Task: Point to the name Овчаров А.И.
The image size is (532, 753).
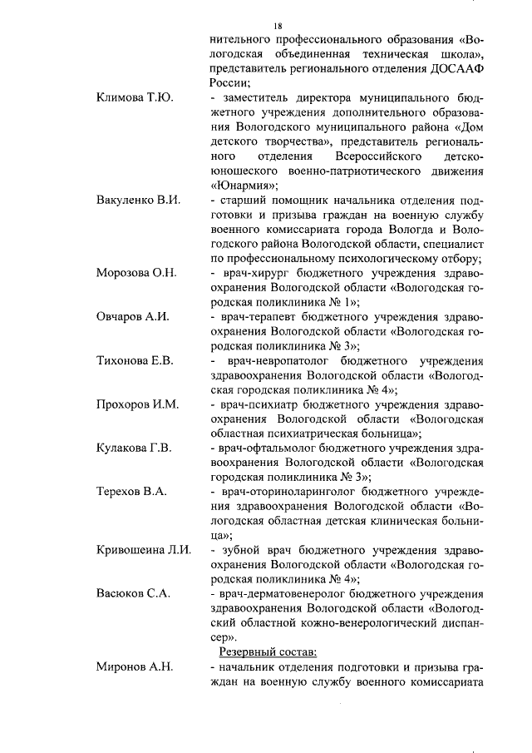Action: [132, 316]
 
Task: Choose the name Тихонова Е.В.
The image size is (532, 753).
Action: [135, 360]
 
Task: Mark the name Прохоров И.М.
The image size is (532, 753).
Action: [137, 405]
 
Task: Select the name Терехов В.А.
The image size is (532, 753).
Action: [131, 492]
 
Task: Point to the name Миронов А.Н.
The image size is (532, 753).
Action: [134, 666]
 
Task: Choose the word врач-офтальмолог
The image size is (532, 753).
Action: [259, 449]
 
